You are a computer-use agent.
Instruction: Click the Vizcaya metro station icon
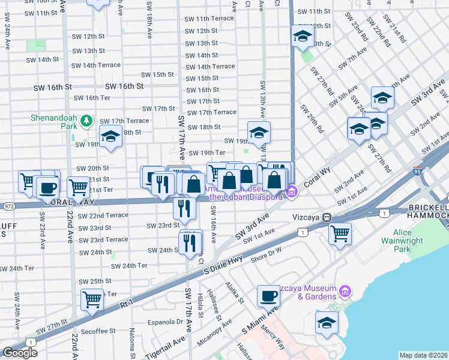[327, 218]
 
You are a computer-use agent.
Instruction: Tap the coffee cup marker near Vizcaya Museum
[268, 296]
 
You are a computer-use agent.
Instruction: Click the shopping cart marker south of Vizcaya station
[340, 233]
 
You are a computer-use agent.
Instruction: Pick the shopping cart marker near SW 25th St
[92, 299]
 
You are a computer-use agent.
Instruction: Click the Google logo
[20, 353]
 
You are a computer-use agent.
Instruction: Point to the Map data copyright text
[424, 355]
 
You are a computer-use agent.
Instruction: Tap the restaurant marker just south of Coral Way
[184, 208]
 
